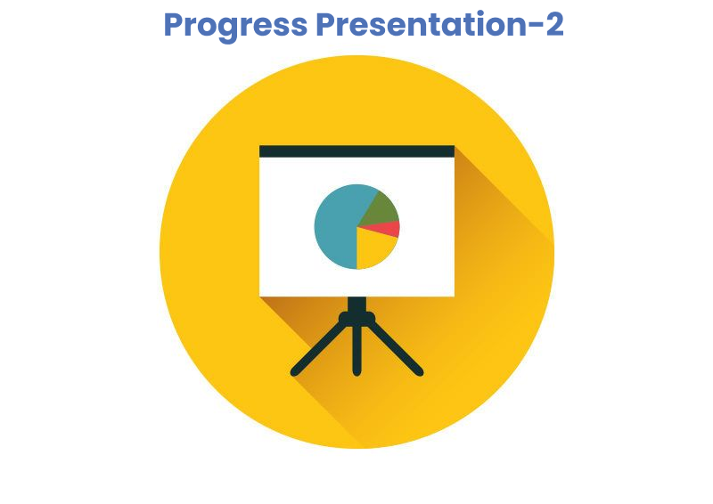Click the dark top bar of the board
357,151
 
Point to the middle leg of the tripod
357,350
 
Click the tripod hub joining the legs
357,318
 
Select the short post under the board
357,304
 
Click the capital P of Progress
174,25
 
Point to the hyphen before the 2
535,28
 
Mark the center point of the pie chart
357,226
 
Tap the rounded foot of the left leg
295,372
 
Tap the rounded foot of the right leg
419,372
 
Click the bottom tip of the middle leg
357,376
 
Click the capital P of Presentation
327,25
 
